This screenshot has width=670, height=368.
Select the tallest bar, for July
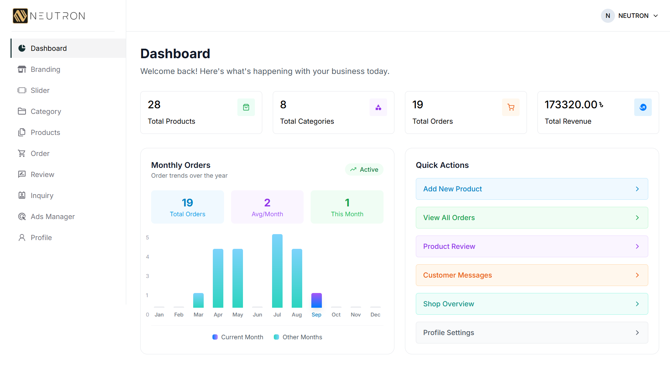point(277,271)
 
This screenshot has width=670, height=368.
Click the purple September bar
point(316,300)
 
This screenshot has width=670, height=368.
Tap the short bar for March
point(198,300)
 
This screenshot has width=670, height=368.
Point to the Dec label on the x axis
point(375,315)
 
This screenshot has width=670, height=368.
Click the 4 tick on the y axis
point(148,257)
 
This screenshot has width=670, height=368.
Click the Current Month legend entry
point(238,337)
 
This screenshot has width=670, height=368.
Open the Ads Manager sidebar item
point(53,217)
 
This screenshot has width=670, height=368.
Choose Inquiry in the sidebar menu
point(42,196)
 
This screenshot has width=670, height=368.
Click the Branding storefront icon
point(22,69)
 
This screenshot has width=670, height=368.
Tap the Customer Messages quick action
point(532,275)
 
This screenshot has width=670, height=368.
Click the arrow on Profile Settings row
point(637,333)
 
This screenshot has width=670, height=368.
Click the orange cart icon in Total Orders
point(510,107)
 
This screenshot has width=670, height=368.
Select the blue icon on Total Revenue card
point(643,107)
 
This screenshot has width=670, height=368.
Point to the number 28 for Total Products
point(154,104)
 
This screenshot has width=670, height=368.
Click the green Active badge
point(364,170)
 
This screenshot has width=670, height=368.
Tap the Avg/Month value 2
point(267,203)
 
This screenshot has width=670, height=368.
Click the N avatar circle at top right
point(608,16)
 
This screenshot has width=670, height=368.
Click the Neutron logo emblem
point(20,16)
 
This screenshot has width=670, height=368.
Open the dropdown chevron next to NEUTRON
point(656,16)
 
